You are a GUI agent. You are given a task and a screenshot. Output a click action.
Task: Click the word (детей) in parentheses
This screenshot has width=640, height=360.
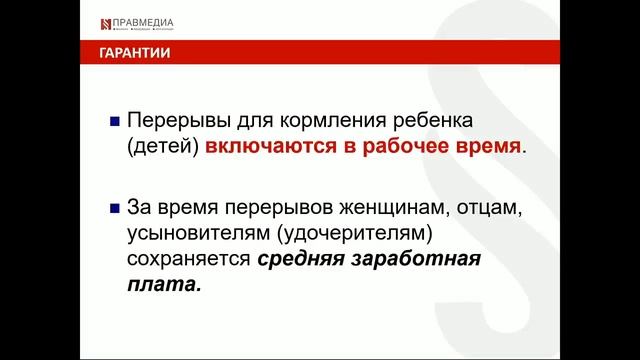(163, 147)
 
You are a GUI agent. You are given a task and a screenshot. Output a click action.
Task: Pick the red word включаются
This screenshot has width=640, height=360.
(263, 147)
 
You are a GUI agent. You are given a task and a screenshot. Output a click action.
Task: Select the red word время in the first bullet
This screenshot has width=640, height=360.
(486, 147)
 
